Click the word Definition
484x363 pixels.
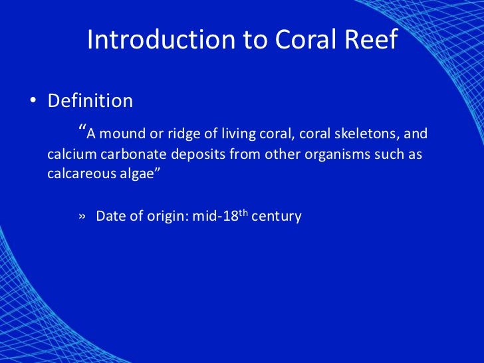pyautogui.click(x=90, y=101)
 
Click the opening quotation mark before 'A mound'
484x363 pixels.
pyautogui.click(x=82, y=129)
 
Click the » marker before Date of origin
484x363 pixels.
pyautogui.click(x=82, y=217)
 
